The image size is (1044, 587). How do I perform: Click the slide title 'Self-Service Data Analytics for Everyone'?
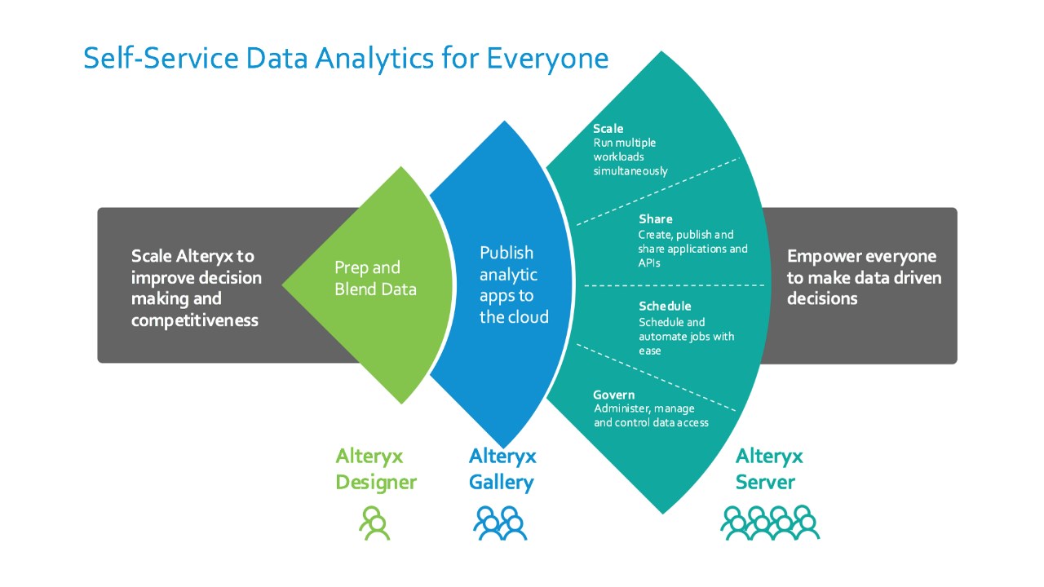click(x=346, y=59)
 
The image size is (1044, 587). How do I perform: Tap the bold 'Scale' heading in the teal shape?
click(x=608, y=129)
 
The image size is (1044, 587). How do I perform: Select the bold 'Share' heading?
click(x=655, y=218)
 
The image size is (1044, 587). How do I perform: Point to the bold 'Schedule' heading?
click(x=665, y=306)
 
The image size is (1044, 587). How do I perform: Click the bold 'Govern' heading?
click(x=613, y=395)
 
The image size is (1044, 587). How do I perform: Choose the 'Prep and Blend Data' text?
click(x=375, y=278)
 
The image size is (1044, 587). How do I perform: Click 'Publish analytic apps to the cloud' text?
click(x=514, y=285)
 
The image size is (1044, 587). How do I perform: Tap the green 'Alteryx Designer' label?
click(x=375, y=469)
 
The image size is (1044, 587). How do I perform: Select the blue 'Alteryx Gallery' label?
click(x=502, y=469)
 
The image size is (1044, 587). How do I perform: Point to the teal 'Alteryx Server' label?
click(x=768, y=469)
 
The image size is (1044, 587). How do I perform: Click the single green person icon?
click(x=374, y=523)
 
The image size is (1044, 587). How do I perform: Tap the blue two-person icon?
click(x=500, y=523)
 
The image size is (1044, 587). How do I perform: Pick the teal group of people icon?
click(x=769, y=523)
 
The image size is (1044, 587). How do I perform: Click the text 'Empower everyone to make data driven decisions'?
click(x=864, y=277)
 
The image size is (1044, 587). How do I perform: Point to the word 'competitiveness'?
click(x=195, y=320)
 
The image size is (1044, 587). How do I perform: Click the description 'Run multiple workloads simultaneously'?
click(x=630, y=157)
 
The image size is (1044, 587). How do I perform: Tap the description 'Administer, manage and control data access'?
click(x=651, y=416)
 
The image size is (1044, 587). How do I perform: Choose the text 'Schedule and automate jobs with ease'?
click(x=686, y=337)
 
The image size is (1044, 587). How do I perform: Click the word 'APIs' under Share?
click(x=649, y=263)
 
